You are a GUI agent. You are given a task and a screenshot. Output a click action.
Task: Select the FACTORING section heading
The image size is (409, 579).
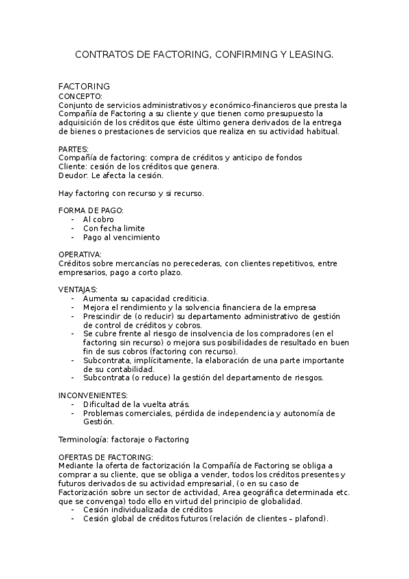[85, 87]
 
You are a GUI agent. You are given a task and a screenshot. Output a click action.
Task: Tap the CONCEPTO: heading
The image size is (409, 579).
[81, 97]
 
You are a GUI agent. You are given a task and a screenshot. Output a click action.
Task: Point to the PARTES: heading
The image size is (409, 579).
[74, 149]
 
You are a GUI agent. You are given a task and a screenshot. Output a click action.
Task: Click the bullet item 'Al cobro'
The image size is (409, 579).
[98, 219]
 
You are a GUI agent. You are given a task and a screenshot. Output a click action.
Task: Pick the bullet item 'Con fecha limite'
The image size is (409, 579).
[114, 228]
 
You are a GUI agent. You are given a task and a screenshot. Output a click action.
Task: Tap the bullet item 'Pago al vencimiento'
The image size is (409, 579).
[122, 237]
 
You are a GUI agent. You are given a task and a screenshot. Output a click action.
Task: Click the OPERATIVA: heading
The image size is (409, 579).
[80, 254]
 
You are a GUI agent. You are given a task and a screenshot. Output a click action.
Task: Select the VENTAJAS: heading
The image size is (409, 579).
[78, 289]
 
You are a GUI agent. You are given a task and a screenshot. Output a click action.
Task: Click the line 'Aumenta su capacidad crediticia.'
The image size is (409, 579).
[146, 298]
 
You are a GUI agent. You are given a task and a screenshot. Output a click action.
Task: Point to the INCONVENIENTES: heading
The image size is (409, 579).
[93, 395]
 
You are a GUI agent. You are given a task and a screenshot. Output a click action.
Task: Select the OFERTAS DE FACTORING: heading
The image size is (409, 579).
[106, 457]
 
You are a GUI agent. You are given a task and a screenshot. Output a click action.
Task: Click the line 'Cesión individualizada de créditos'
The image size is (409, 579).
[147, 509]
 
